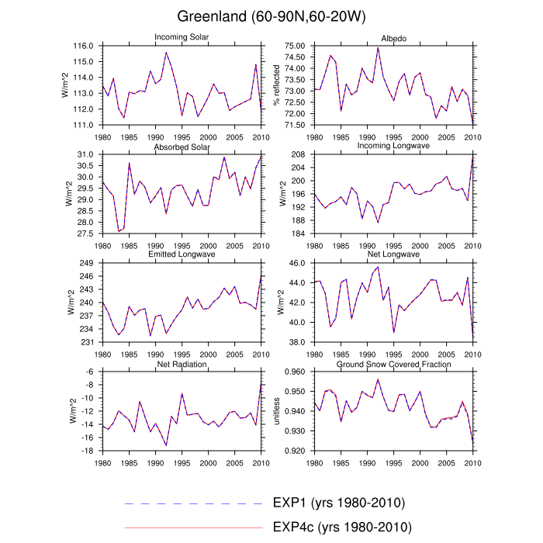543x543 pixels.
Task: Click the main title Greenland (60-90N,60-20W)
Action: click(x=271, y=16)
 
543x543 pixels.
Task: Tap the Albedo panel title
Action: click(x=393, y=38)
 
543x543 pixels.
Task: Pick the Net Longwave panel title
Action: click(x=393, y=254)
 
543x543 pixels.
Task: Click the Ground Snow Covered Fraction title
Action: click(x=393, y=364)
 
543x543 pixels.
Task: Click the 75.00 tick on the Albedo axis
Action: click(x=296, y=47)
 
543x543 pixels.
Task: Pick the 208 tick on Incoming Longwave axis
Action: click(x=301, y=155)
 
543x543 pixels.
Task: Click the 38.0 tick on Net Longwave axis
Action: click(x=299, y=342)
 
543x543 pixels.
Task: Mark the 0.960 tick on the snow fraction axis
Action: click(x=296, y=372)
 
